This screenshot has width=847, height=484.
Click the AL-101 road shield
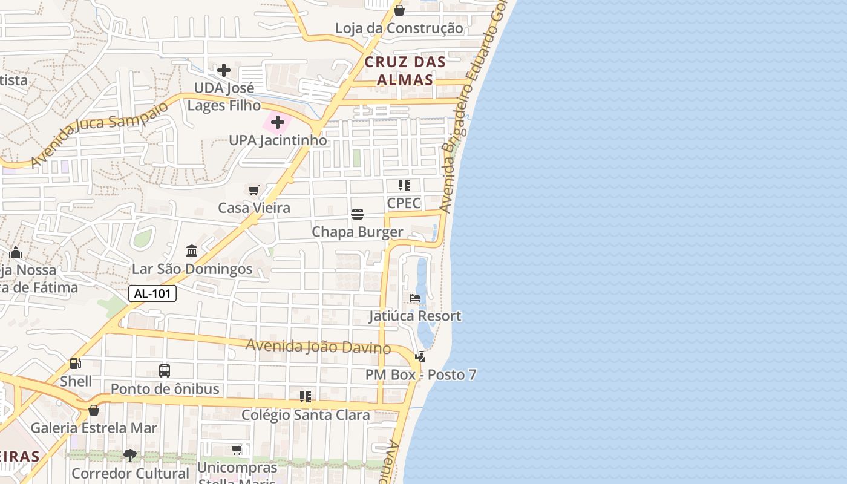[x=152, y=294]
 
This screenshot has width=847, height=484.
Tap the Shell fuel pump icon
[x=76, y=364]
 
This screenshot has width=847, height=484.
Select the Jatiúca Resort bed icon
[x=415, y=298]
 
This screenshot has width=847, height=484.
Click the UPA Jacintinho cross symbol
[x=278, y=123]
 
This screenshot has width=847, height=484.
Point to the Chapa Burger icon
[x=358, y=214]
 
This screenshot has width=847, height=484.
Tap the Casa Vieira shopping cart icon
[x=254, y=191]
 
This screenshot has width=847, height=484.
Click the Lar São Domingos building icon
[x=192, y=250]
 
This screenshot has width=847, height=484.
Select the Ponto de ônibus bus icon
[x=164, y=370]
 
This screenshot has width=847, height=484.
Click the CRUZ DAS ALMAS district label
[x=405, y=71]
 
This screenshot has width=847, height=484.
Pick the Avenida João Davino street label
[x=318, y=347]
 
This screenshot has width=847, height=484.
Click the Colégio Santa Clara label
[x=306, y=415]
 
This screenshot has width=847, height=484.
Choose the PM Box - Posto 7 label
[x=420, y=375]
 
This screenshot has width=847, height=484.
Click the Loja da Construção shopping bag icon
[x=399, y=10]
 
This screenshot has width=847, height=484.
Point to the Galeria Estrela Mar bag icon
[x=94, y=410]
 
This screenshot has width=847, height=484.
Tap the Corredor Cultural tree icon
[x=129, y=455]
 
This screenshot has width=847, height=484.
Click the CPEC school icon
[x=404, y=185]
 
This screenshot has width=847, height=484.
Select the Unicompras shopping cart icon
[x=237, y=450]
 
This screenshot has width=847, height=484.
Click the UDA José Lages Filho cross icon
[x=224, y=70]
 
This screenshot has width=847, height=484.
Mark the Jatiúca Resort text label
[x=415, y=316]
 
